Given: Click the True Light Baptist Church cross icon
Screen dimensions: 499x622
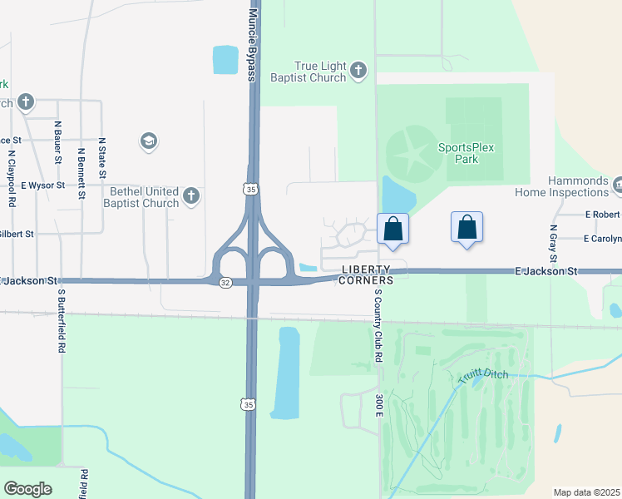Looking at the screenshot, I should (358, 70).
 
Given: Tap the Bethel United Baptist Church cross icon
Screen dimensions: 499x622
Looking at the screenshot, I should (191, 196).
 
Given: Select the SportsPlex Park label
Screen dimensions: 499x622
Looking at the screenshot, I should (466, 153).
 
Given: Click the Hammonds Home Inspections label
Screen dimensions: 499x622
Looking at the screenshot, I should (579, 188).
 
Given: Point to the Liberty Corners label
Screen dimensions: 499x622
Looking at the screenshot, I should (366, 274).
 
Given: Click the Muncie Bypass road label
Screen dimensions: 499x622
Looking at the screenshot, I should (252, 40).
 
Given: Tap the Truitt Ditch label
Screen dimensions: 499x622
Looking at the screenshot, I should (481, 377).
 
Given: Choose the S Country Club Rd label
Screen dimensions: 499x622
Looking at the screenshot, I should (377, 324).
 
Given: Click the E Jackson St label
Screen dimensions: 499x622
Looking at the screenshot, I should (545, 271).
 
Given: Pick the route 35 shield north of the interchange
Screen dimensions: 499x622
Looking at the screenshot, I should (250, 190).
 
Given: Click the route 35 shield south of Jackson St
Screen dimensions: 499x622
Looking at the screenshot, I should (247, 404).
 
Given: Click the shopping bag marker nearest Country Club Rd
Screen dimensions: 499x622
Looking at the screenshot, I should (392, 228).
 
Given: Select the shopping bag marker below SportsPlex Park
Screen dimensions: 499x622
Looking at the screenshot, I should (466, 226).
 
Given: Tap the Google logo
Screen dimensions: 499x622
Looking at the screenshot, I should (27, 489).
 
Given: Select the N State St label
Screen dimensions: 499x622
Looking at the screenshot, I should (102, 158).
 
